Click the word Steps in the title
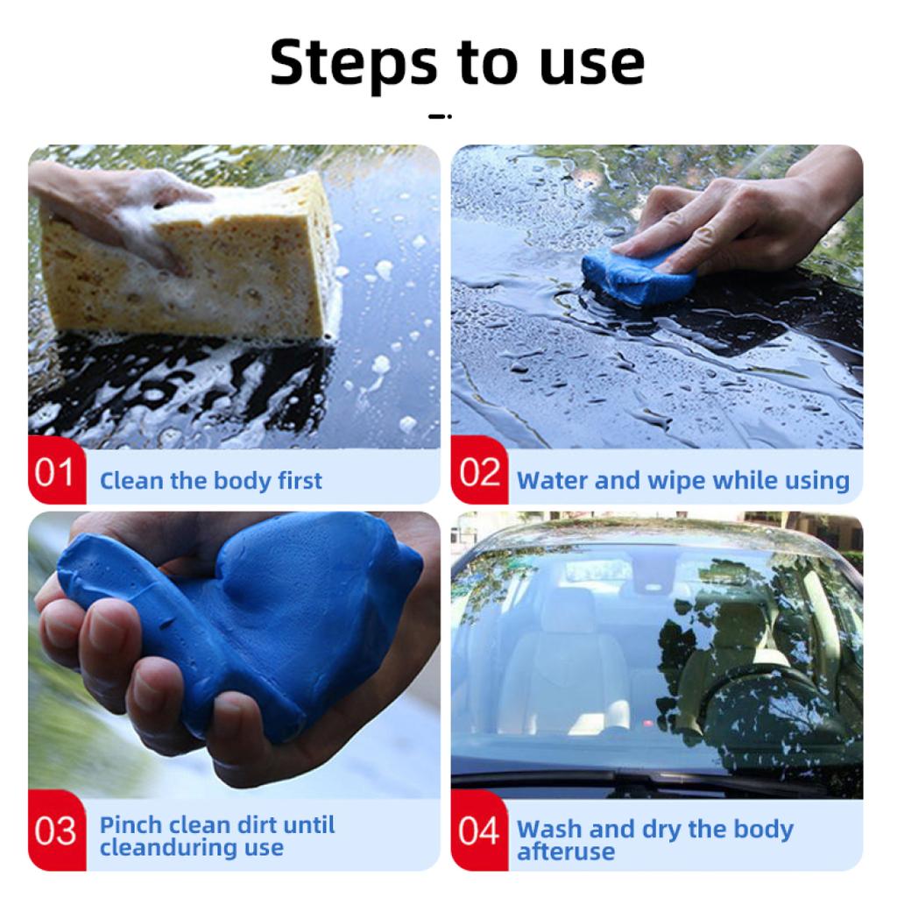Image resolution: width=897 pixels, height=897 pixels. [354, 63]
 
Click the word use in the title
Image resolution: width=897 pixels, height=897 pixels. [592, 63]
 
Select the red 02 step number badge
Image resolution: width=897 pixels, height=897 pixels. [479, 470]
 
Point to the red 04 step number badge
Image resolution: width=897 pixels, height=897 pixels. [479, 830]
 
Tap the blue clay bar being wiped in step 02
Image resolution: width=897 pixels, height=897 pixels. [638, 274]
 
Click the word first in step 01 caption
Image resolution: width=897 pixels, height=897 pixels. [300, 481]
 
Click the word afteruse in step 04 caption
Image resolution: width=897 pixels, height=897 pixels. [566, 851]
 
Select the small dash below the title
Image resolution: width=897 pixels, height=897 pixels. [440, 117]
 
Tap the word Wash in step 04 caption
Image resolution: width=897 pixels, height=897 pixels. [549, 830]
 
